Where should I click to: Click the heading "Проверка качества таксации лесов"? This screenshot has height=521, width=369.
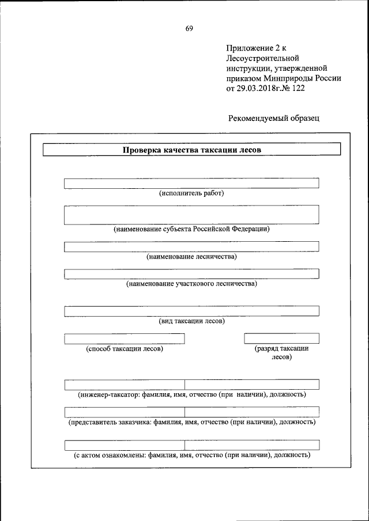[192, 150]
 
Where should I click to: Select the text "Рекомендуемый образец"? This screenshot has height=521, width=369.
[273, 118]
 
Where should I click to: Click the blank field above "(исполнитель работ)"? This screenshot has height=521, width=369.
[191, 183]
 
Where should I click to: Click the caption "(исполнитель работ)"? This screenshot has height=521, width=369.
[191, 193]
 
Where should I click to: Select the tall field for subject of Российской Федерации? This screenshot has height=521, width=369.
[191, 215]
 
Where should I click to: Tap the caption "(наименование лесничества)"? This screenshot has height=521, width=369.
[191, 257]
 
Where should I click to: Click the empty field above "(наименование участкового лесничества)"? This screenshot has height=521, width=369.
[191, 273]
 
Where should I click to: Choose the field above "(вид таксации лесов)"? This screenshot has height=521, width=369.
[191, 311]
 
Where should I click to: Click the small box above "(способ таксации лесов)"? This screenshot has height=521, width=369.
[125, 339]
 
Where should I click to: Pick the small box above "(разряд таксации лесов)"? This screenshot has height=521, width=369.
[281, 339]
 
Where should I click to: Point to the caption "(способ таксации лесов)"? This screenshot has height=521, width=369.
[125, 349]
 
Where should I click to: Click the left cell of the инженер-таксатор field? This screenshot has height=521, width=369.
[125, 385]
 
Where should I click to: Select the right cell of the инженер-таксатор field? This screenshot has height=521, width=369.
[251, 385]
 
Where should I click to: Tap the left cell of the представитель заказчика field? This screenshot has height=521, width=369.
[125, 412]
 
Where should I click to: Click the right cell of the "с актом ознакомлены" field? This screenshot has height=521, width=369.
[251, 444]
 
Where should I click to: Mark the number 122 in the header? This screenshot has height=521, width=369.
[297, 89]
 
